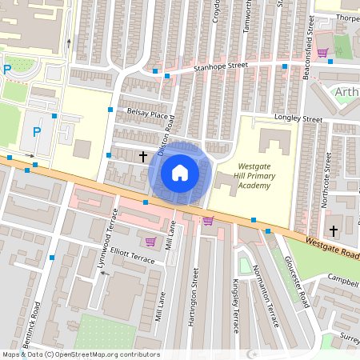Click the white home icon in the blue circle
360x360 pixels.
pyautogui.click(x=179, y=172)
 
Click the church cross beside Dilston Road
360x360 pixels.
pyautogui.click(x=144, y=156)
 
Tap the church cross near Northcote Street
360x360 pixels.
pyautogui.click(x=333, y=231)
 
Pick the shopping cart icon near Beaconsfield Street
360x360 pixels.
pyautogui.click(x=322, y=53)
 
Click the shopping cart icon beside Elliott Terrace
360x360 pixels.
pyautogui.click(x=150, y=241)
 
